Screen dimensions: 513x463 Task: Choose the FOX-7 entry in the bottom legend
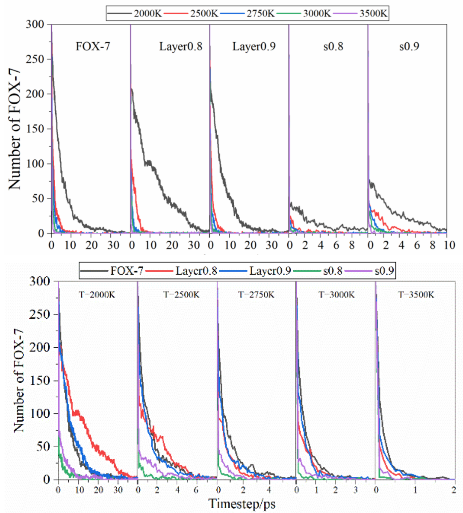pos(127,270)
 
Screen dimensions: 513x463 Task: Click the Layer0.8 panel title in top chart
pos(181,46)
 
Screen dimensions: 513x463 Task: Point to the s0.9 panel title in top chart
pos(409,46)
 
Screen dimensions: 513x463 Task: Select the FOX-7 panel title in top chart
pos(93,46)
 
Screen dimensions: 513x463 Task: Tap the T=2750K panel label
pos(257,294)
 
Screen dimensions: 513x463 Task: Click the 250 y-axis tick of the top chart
pos(35,59)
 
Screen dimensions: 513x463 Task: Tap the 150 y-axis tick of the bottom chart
pos(39,381)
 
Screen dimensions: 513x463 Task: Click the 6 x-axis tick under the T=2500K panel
pos(196,489)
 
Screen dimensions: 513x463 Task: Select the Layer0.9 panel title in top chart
pos(254,46)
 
